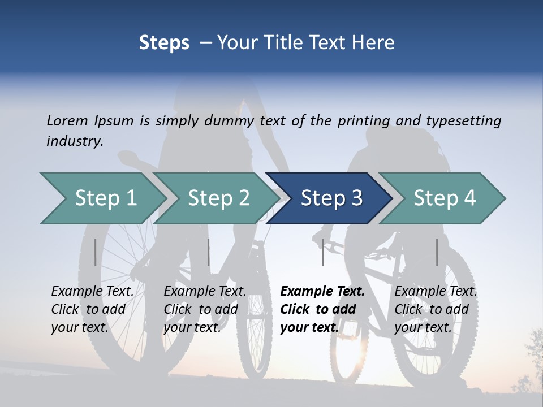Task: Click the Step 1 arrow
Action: coord(102,198)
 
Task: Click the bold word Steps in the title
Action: coord(164,43)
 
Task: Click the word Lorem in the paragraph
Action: coord(67,121)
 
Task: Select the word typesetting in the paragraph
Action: coord(463,121)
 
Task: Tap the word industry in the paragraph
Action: coord(74,141)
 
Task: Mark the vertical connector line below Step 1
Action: coord(95,252)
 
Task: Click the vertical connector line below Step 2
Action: coord(209,252)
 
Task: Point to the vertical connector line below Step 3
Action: coord(322,252)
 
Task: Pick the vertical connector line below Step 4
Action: coord(437,252)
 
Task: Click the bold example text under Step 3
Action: coord(322,309)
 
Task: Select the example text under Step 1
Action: coord(92,309)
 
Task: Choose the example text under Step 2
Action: coord(205,309)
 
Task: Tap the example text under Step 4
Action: coord(436,309)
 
